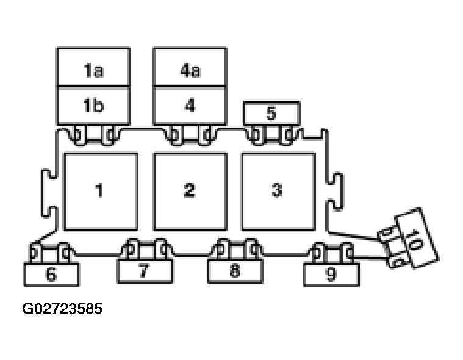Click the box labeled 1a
[93, 67]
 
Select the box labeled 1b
[93, 106]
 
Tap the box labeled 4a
[190, 67]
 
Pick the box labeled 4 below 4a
[190, 106]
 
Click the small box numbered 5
[271, 113]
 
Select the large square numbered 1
[101, 192]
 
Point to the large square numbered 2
[191, 192]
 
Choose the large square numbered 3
[278, 192]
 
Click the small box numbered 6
[51, 275]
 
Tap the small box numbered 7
[145, 271]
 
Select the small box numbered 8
[235, 271]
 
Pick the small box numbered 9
[331, 275]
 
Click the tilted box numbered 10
[417, 239]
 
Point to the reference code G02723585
[62, 309]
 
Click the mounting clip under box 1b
[93, 135]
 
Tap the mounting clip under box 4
[190, 135]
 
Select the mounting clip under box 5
[271, 135]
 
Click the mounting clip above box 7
[145, 250]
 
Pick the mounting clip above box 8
[235, 250]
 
